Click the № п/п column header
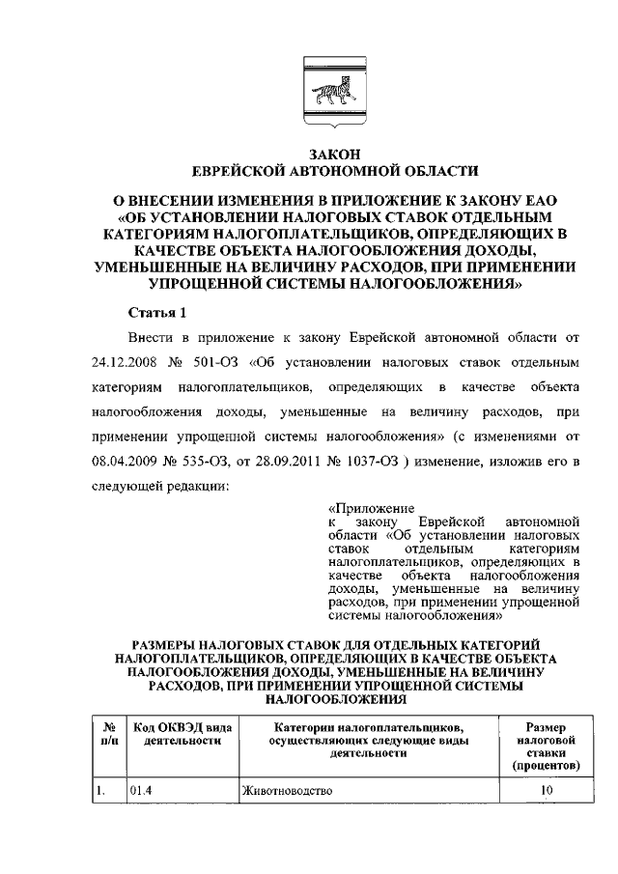(108, 733)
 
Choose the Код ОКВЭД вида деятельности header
(182, 733)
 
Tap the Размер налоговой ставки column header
(546, 747)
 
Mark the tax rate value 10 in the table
(547, 791)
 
